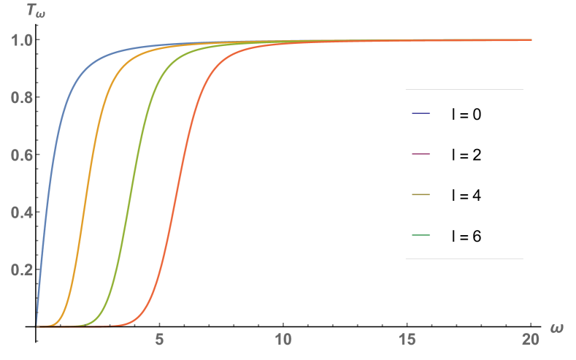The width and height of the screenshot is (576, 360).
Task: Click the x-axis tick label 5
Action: tap(159, 340)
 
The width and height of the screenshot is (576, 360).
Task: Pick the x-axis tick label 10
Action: tap(283, 340)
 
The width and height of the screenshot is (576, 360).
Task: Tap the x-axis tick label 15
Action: tap(406, 340)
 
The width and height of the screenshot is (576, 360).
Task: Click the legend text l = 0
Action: tap(466, 114)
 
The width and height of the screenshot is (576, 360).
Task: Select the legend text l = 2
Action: tap(466, 155)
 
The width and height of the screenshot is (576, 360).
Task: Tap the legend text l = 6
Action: tap(466, 236)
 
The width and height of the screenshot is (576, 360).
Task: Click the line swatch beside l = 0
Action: tap(421, 114)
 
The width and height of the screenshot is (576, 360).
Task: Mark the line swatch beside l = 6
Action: tap(421, 236)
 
